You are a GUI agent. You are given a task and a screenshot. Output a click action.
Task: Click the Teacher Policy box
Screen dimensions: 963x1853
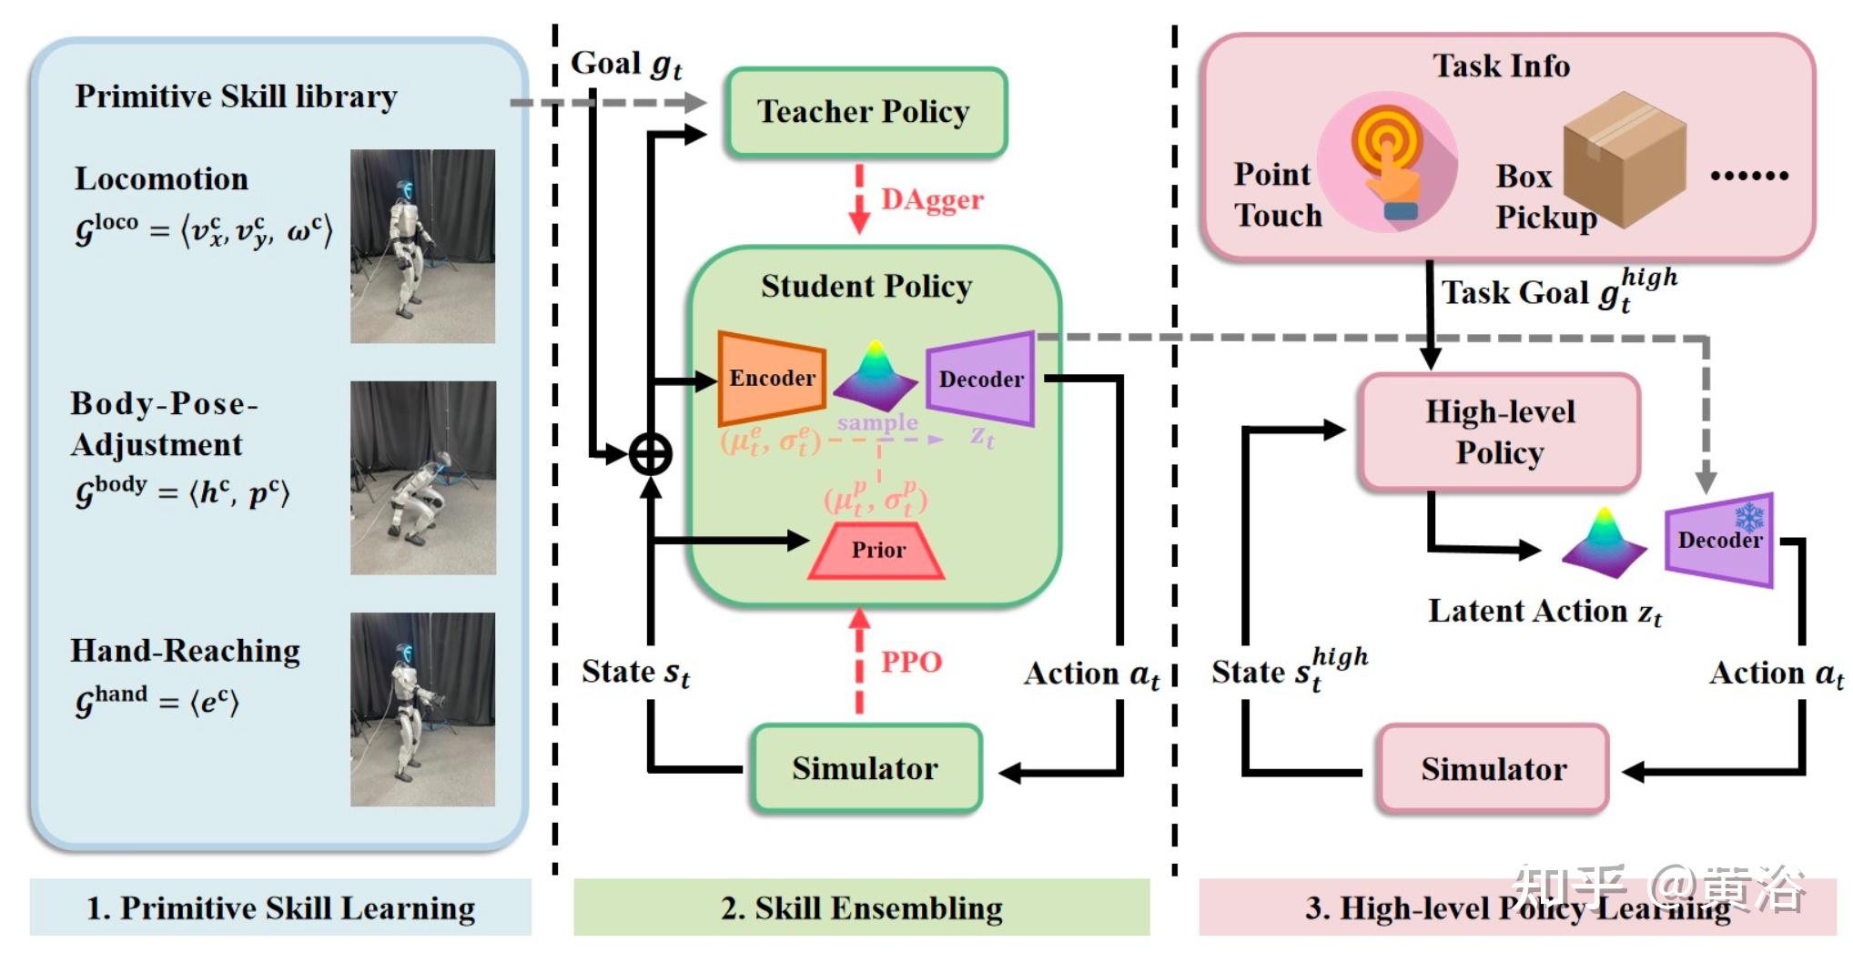click(866, 112)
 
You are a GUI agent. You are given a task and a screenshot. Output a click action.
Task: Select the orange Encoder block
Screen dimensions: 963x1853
click(772, 378)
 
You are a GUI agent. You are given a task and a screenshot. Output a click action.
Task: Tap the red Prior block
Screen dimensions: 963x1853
click(877, 551)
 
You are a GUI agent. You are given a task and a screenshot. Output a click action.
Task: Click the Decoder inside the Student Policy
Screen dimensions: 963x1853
click(981, 379)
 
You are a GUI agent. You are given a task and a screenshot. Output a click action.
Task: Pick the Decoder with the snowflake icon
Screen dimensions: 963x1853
click(1719, 540)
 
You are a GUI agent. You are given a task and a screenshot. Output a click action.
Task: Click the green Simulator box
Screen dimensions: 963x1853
click(866, 769)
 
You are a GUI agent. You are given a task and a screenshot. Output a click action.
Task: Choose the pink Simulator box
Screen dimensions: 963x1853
click(1494, 770)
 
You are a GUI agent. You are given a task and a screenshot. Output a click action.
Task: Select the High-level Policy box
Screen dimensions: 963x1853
click(1500, 432)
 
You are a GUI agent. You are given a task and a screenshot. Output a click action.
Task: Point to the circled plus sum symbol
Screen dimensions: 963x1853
click(651, 454)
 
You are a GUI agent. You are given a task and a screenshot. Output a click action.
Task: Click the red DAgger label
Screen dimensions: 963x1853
click(932, 199)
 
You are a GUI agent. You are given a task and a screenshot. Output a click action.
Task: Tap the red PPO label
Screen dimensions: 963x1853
click(911, 662)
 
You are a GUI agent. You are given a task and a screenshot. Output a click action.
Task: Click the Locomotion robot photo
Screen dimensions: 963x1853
click(423, 247)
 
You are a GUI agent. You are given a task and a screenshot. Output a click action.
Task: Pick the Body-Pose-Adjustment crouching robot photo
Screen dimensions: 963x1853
click(423, 478)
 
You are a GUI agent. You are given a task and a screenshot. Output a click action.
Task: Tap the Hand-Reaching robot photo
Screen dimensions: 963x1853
click(423, 709)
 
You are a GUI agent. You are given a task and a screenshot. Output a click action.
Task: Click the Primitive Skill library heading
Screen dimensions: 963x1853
click(236, 96)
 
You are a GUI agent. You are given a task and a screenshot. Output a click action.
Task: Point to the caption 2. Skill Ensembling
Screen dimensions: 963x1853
click(862, 908)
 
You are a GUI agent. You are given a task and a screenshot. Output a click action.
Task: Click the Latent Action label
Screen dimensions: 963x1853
click(1544, 612)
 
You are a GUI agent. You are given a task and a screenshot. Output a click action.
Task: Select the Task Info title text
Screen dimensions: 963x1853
click(1501, 66)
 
